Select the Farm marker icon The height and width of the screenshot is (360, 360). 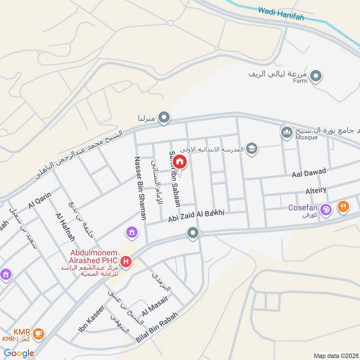pos(316,76)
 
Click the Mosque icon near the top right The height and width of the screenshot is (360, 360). pos(287,132)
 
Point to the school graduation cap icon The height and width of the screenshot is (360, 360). pos(252,149)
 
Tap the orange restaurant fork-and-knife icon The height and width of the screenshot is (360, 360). pos(344,207)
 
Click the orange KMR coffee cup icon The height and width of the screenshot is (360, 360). pos(39,333)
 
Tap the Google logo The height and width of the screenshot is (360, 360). pos(19,353)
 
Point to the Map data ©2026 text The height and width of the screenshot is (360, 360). pos(335,355)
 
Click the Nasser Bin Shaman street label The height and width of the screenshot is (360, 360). pos(140,188)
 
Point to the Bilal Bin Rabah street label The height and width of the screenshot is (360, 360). pos(157,329)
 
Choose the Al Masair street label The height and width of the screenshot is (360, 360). pos(155,306)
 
